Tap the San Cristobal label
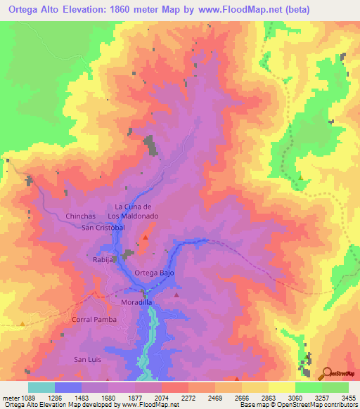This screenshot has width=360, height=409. tap(103, 228)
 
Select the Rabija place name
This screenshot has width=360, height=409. tap(104, 259)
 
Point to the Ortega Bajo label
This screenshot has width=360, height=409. tap(153, 272)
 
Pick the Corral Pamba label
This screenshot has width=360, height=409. tap(93, 319)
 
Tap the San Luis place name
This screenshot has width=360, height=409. tap(89, 359)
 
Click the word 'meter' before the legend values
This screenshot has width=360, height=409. tap(9, 397)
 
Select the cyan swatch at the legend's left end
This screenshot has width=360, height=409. tap(41, 387)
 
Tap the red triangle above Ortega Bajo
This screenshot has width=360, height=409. tap(146, 238)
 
